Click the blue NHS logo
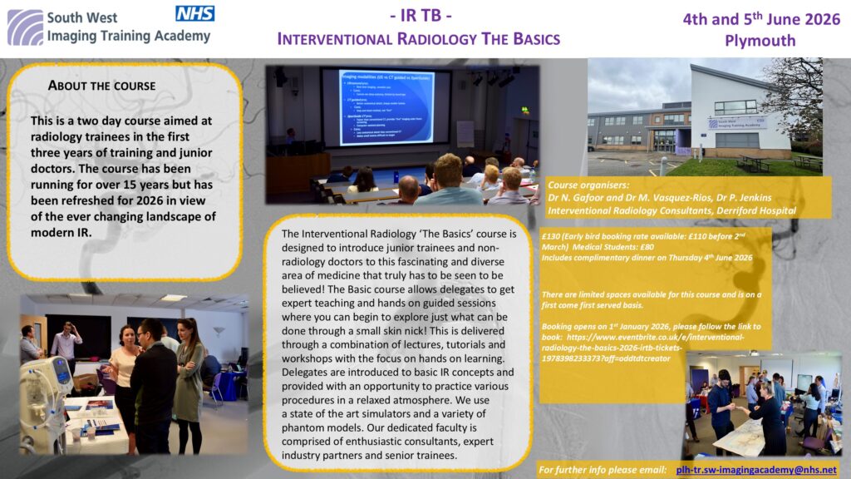(194, 12)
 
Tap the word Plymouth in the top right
(760, 40)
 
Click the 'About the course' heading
(101, 86)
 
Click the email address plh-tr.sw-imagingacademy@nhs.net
(756, 470)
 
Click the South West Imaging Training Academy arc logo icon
(25, 27)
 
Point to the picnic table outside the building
(755, 162)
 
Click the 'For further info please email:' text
(602, 470)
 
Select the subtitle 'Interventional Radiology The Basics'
(418, 39)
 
